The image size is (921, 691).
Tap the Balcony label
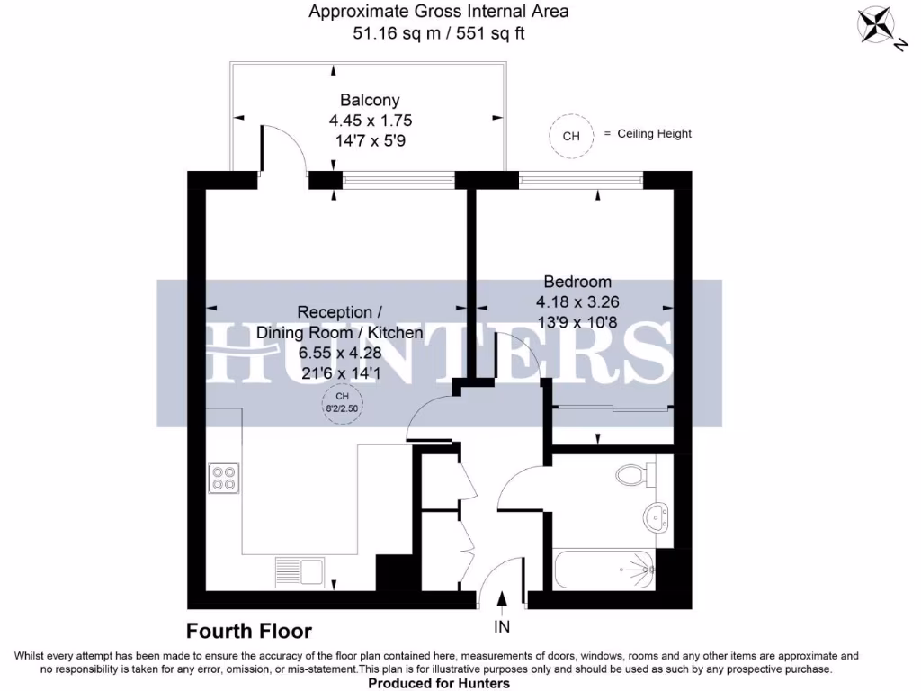pyautogui.click(x=370, y=100)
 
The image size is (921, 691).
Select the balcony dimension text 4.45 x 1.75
pyautogui.click(x=370, y=120)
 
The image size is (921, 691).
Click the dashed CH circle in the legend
pyautogui.click(x=571, y=137)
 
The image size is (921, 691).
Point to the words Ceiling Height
pyautogui.click(x=654, y=133)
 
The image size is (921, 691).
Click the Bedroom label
pyautogui.click(x=577, y=282)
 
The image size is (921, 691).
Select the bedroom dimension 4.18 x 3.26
pyautogui.click(x=577, y=301)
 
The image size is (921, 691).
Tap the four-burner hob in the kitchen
pyautogui.click(x=224, y=478)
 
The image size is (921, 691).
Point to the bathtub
pyautogui.click(x=604, y=569)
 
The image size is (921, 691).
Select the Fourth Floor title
pyautogui.click(x=249, y=631)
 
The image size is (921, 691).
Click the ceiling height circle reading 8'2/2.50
pyautogui.click(x=343, y=402)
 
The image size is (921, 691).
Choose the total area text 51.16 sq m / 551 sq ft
pyautogui.click(x=439, y=34)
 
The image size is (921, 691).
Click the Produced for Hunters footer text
pyautogui.click(x=439, y=684)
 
